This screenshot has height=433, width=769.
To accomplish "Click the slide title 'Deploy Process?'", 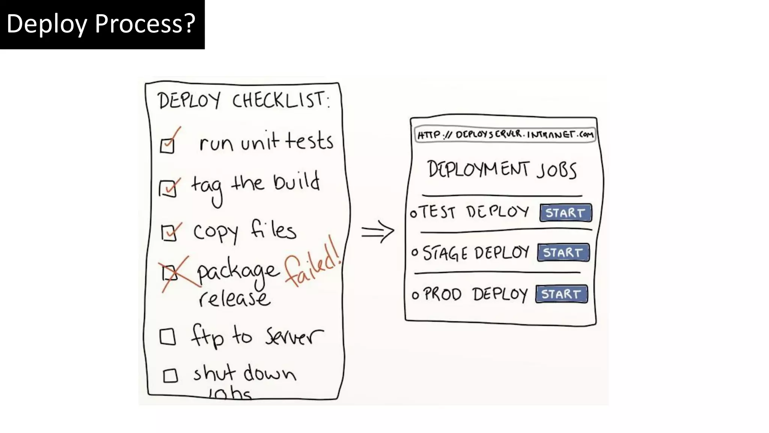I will (x=101, y=24).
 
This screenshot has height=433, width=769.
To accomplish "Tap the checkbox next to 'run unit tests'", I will (x=167, y=145).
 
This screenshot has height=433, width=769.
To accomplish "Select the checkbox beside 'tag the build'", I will (x=167, y=189).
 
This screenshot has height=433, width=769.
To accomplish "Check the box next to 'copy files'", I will (x=169, y=233).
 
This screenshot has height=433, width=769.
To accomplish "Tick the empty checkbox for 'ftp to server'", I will (x=167, y=337).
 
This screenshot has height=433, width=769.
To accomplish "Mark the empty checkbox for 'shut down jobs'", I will (x=170, y=375).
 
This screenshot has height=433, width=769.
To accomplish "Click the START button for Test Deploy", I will (x=565, y=213).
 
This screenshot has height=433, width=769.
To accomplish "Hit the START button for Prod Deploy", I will (x=561, y=294).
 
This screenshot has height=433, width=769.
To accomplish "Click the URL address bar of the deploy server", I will (x=505, y=135).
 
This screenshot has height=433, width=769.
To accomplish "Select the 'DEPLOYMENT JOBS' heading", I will (x=502, y=170).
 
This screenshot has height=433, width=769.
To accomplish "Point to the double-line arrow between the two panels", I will (x=377, y=231).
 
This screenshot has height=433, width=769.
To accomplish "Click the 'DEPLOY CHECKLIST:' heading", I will (x=244, y=100).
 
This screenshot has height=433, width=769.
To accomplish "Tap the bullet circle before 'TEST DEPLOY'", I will (x=413, y=214).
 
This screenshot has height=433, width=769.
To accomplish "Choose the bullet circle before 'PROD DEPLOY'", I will (x=415, y=295).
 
